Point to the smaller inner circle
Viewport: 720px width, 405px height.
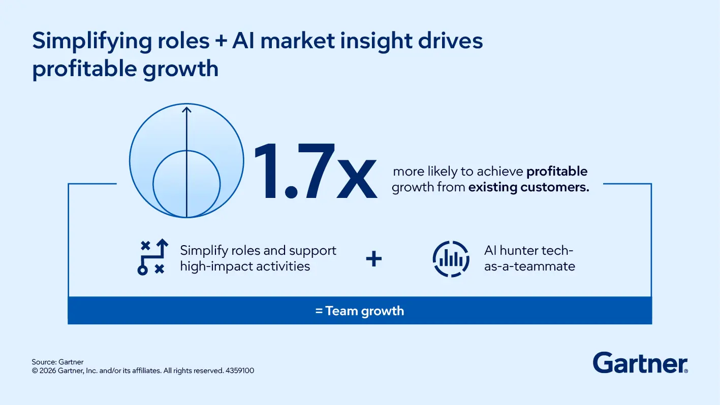click(x=187, y=184)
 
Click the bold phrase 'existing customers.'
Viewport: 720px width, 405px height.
click(x=528, y=187)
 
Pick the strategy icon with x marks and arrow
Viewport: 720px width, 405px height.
click(x=153, y=257)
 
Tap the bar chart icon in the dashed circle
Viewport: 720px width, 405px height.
click(x=451, y=259)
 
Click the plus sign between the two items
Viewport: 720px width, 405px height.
click(x=374, y=259)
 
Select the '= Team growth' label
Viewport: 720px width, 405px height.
click(x=360, y=311)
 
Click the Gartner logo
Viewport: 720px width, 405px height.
click(x=640, y=363)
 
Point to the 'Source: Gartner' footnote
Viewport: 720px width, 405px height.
click(x=57, y=362)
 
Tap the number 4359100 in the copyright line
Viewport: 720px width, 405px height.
click(x=240, y=371)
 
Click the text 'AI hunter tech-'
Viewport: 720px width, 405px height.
click(x=528, y=251)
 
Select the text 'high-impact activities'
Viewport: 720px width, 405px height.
click(x=245, y=266)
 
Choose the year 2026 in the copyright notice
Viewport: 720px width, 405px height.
click(x=49, y=371)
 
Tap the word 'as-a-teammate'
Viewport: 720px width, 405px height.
click(x=529, y=266)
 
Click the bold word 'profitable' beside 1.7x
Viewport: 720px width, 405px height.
click(x=556, y=172)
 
